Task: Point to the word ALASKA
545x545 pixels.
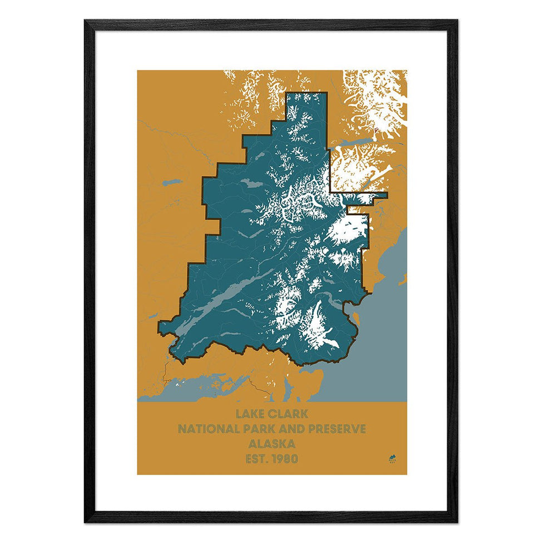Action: tap(272, 444)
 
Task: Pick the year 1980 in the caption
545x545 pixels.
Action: tap(283, 459)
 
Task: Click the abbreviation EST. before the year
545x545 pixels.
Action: tap(255, 459)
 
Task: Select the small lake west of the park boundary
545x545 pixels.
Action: tap(172, 182)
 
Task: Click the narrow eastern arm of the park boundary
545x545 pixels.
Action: tap(367, 195)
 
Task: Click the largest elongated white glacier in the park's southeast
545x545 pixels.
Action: tap(314, 325)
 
